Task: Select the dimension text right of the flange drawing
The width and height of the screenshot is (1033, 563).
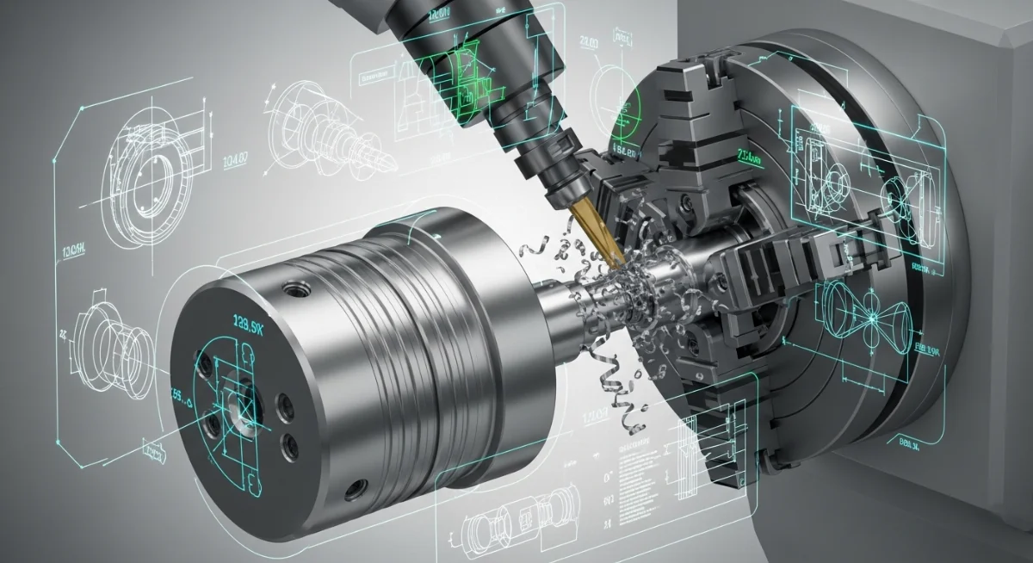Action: pos(234,160)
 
